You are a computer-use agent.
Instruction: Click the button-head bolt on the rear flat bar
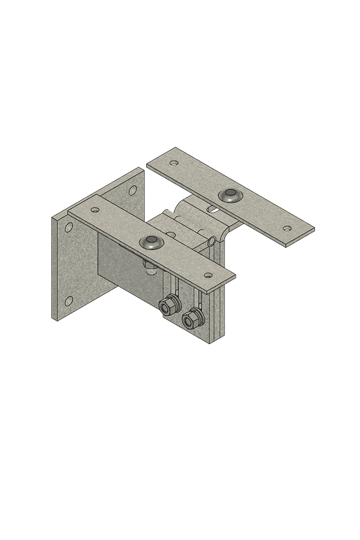pyautogui.click(x=230, y=195)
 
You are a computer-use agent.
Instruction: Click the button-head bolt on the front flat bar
pyautogui.click(x=151, y=242)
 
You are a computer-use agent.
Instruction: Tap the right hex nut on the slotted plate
pyautogui.click(x=192, y=317)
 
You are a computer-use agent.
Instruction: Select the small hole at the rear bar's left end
pyautogui.click(x=174, y=163)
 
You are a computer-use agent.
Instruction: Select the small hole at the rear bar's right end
pyautogui.click(x=287, y=228)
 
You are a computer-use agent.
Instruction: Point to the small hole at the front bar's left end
pyautogui.click(x=95, y=210)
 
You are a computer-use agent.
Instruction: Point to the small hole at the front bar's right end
pyautogui.click(x=208, y=275)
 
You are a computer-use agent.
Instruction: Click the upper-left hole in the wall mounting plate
pyautogui.click(x=69, y=228)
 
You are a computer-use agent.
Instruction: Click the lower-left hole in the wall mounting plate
pyautogui.click(x=69, y=301)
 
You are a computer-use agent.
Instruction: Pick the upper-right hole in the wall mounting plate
pyautogui.click(x=133, y=190)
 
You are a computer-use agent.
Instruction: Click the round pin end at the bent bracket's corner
pyautogui.click(x=211, y=241)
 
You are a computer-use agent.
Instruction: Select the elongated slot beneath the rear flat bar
pyautogui.click(x=213, y=208)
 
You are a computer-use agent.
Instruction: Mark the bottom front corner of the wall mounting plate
pyautogui.click(x=55, y=319)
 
